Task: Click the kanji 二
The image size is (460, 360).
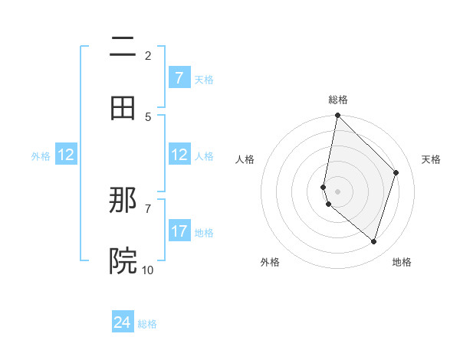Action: click(123, 47)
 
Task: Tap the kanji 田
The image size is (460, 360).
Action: click(123, 109)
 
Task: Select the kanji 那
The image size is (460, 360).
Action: click(123, 201)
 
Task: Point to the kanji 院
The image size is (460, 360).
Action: click(123, 262)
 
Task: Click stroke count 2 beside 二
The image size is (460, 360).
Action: click(147, 55)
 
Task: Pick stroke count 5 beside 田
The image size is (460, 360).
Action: click(147, 116)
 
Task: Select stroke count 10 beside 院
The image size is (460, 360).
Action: click(147, 270)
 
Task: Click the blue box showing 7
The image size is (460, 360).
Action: click(179, 78)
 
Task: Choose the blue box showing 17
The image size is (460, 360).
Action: click(179, 231)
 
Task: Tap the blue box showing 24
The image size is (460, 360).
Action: click(123, 322)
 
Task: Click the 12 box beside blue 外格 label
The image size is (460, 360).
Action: click(66, 155)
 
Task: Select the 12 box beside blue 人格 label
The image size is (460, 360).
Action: click(179, 155)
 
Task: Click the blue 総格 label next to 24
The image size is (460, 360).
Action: click(147, 324)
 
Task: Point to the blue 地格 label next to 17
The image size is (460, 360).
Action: click(204, 232)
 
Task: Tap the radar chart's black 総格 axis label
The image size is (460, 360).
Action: click(337, 100)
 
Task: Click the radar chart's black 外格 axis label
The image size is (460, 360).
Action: click(270, 262)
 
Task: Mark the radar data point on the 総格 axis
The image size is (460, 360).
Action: click(337, 116)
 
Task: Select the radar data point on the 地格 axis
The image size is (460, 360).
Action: click(373, 241)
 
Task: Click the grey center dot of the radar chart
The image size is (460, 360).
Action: click(337, 191)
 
